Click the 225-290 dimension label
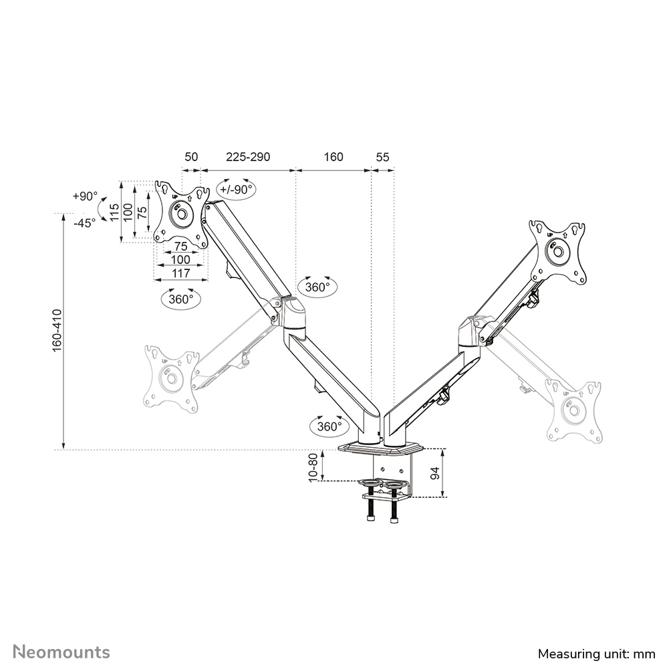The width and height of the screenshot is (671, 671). (247, 157)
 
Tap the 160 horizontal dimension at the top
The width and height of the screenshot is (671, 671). (333, 157)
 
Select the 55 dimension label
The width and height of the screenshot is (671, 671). (382, 157)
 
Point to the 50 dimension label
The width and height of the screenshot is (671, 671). (191, 157)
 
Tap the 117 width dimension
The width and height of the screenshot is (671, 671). (181, 273)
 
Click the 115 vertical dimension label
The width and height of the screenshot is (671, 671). (114, 213)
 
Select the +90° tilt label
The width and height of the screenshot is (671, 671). (85, 196)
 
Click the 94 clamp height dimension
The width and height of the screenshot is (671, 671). (435, 473)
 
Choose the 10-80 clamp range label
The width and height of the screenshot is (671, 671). (313, 466)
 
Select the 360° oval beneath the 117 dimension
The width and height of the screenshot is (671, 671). (180, 299)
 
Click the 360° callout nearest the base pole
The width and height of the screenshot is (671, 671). (329, 426)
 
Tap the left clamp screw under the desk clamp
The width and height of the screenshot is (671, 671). (371, 507)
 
